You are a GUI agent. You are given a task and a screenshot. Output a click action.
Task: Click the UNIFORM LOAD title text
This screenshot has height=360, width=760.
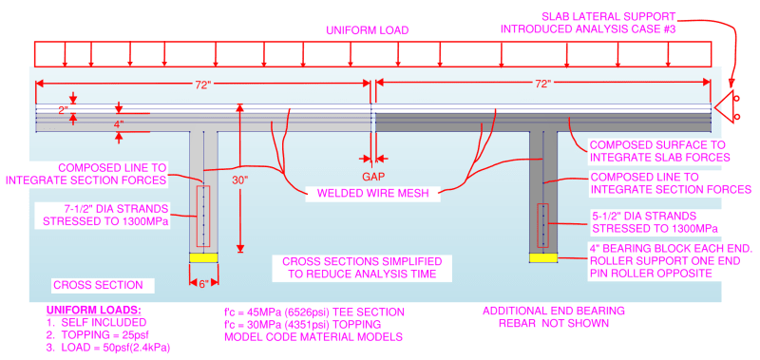[368, 30]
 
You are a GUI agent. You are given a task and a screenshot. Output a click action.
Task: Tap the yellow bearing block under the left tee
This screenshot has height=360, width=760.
[203, 257]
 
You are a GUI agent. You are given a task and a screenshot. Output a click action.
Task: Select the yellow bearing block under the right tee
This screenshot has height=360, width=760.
[543, 257]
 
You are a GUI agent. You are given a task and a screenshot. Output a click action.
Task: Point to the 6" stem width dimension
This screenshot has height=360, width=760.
[203, 284]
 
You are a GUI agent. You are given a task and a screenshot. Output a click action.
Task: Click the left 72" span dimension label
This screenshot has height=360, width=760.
[203, 85]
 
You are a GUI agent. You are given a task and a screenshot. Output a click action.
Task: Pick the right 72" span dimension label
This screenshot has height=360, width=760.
[543, 84]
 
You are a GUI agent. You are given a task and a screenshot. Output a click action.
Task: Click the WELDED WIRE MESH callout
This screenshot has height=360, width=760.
[372, 195]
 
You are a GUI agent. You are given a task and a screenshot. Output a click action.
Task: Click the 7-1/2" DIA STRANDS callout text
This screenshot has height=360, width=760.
[106, 215]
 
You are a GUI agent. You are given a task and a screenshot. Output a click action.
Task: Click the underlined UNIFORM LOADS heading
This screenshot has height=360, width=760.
[97, 311]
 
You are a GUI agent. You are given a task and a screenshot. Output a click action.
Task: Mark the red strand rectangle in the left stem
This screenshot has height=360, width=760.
[203, 216]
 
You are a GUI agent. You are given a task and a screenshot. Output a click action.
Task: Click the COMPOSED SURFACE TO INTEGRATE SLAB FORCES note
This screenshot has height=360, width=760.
[656, 150]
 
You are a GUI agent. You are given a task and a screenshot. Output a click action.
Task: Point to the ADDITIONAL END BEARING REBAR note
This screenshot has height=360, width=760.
[554, 316]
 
